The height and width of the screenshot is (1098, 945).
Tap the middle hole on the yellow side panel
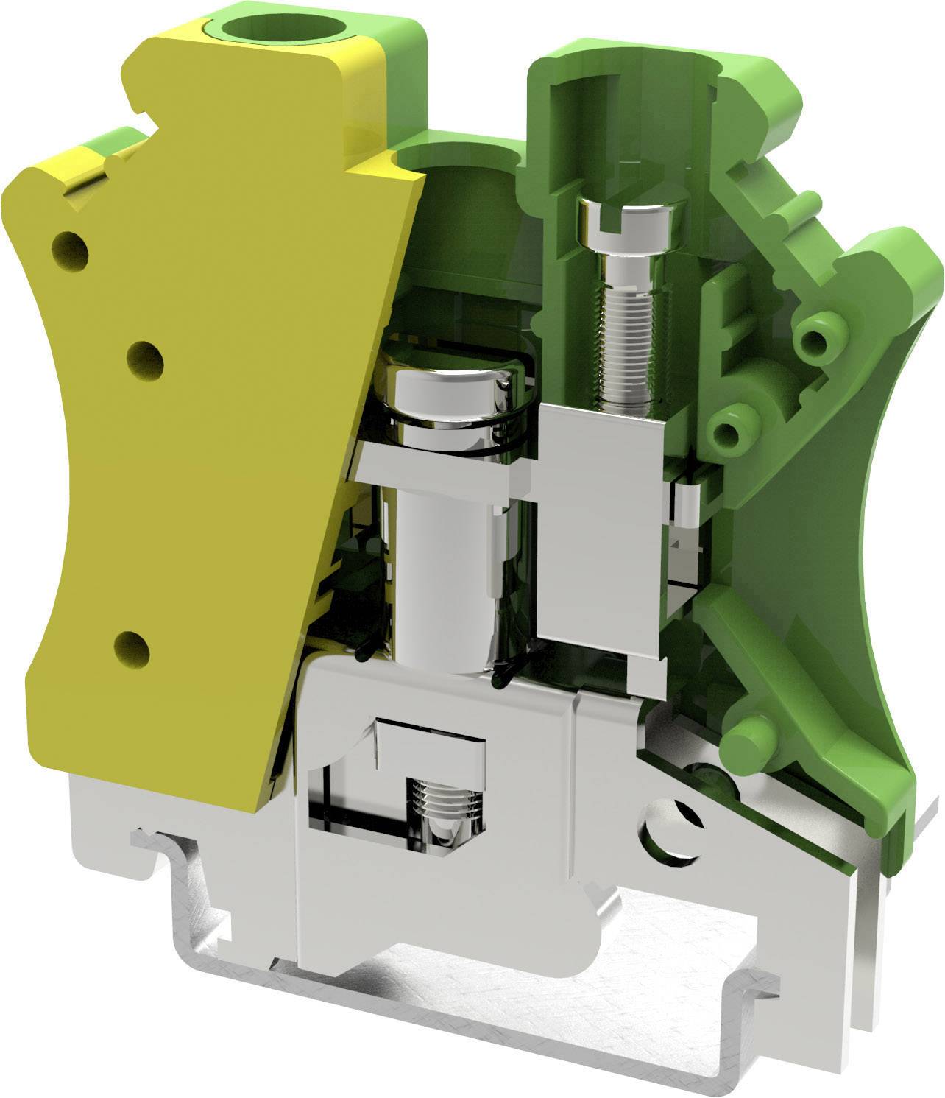[x=145, y=359]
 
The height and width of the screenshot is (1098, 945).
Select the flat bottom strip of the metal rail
[x=515, y=1031]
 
